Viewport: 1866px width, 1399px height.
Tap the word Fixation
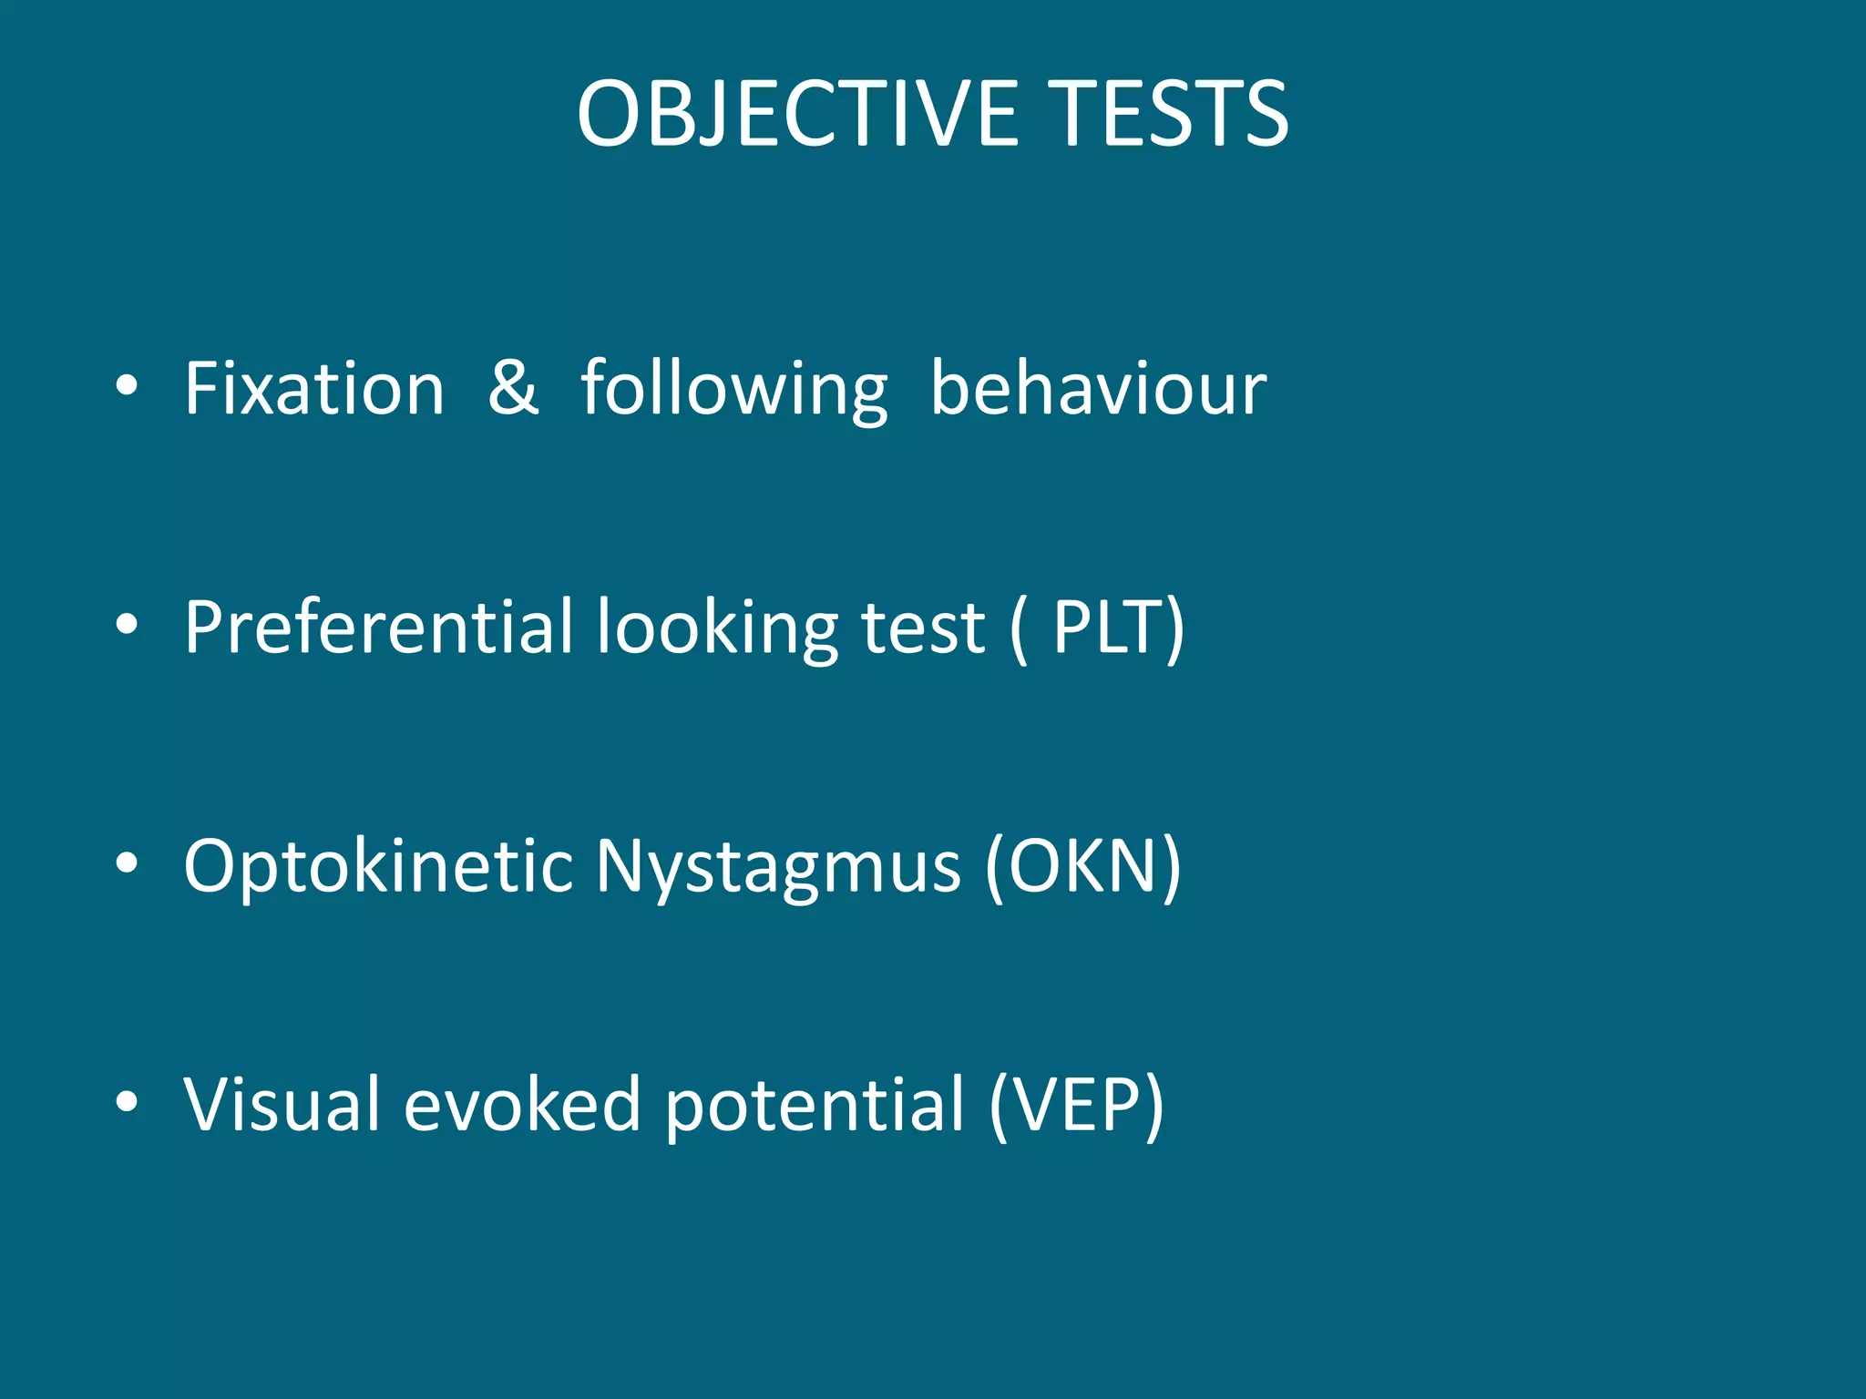tap(314, 389)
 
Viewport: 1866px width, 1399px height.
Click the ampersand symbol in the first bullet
tap(513, 389)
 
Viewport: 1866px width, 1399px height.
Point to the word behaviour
tap(1098, 389)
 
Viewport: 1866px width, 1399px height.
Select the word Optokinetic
tap(378, 867)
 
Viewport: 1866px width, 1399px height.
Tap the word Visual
tap(282, 1104)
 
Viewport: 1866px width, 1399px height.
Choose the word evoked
tap(522, 1104)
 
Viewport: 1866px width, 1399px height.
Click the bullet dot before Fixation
tap(127, 386)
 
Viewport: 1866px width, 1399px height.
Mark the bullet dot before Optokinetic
tap(127, 863)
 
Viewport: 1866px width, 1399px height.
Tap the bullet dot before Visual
tap(127, 1101)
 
